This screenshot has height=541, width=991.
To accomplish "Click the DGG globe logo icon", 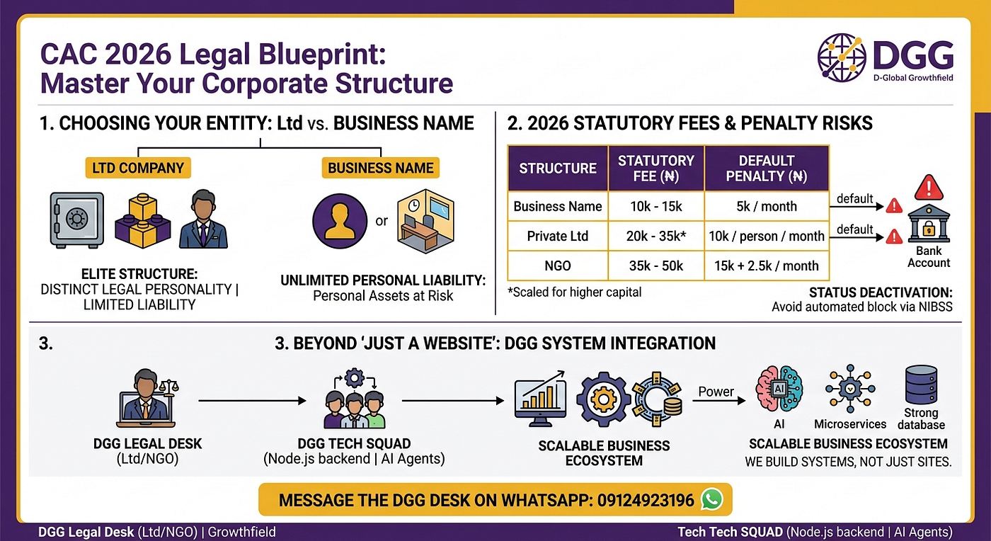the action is tap(842, 58).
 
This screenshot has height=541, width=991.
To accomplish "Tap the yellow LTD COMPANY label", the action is tap(138, 168).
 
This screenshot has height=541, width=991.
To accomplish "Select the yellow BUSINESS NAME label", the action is tap(381, 168).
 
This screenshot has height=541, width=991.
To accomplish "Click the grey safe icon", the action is tap(77, 219).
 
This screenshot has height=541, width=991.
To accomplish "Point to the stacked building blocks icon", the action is tap(142, 220).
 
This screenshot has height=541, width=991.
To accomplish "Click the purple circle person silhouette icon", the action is tap(340, 220).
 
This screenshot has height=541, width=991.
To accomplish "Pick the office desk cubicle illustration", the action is tap(425, 221).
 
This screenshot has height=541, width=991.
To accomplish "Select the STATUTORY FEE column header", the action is tap(656, 169).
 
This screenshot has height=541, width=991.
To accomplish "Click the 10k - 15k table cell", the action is tap(656, 206).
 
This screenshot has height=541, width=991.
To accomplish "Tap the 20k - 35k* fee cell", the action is tap(656, 236).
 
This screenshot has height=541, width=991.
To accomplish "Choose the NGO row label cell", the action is tap(558, 266).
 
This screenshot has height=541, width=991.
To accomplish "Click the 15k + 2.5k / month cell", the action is tap(767, 266).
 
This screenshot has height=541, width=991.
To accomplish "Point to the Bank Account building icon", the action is tap(929, 223).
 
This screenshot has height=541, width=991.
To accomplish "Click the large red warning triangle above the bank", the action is tap(929, 188).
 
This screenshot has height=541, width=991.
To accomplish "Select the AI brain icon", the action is tap(779, 389).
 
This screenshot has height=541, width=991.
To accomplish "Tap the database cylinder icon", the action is tap(921, 385).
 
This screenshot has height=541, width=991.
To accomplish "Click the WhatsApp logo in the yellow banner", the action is tap(712, 499).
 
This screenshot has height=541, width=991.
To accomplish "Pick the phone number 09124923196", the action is tap(646, 500).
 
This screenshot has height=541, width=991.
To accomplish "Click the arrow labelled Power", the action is tap(719, 401).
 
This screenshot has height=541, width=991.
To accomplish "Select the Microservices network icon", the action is tap(850, 389).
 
